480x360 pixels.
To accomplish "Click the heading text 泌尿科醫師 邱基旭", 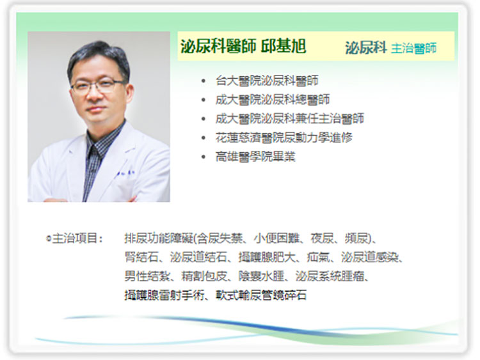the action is click(243, 46).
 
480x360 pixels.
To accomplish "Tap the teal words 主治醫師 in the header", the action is click(413, 48).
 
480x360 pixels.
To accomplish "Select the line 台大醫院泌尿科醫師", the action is click(267, 81).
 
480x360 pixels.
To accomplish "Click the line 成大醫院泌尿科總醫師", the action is click(273, 100).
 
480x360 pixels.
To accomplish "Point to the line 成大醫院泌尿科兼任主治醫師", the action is click(289, 119).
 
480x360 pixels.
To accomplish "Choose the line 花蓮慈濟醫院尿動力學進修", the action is click(284, 137).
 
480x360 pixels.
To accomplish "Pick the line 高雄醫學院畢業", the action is click(255, 157).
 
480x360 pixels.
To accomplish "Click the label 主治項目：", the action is click(77, 239).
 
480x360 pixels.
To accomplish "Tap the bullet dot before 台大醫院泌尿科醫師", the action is click(204, 81).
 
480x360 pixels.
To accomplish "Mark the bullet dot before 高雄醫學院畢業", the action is click(204, 157).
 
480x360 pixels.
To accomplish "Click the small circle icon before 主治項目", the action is click(49, 239).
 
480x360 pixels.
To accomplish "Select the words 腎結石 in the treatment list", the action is click(141, 257).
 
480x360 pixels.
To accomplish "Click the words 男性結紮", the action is click(147, 276).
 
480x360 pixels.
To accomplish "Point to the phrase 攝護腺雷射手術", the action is click(164, 295).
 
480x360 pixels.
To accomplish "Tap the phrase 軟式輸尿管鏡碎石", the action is click(261, 295).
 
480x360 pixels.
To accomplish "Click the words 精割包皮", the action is click(204, 276).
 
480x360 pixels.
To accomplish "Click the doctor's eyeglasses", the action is click(99, 86).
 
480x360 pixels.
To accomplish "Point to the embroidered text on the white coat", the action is click(125, 174).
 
